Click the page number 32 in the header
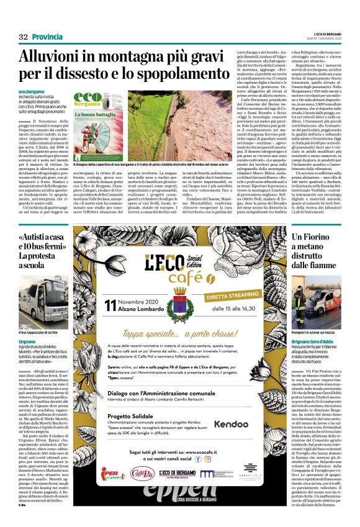coord(24,37)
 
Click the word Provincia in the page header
coord(48,37)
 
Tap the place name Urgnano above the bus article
coord(27,341)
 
